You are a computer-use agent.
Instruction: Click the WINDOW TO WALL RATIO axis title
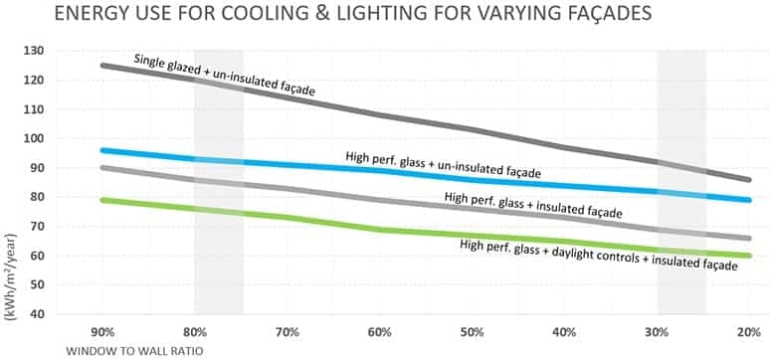[x=127, y=351]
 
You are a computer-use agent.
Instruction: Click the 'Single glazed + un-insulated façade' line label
[x=224, y=76]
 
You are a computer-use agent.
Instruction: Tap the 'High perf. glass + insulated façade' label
[x=533, y=205]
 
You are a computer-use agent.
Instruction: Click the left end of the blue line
[x=103, y=150]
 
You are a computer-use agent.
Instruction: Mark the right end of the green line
[x=749, y=256]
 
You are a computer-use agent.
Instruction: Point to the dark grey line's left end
[x=103, y=66]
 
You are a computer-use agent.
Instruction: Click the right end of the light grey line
[x=749, y=238]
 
